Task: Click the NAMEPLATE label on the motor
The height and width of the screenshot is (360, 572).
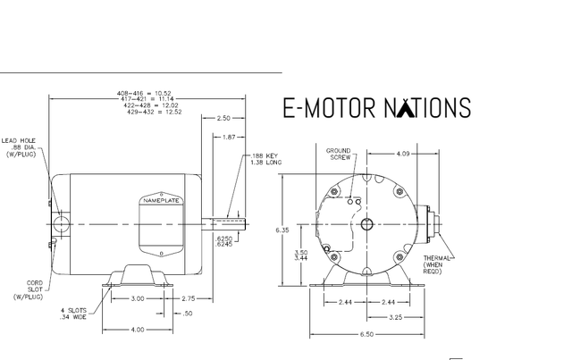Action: (161, 201)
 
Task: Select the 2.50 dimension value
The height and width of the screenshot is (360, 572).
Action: (223, 118)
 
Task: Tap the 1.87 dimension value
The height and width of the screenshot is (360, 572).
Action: (229, 138)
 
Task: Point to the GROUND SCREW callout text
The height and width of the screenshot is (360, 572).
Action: (339, 154)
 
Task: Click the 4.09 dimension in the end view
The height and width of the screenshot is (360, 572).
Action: (403, 154)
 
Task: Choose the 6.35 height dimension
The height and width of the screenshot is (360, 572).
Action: (282, 230)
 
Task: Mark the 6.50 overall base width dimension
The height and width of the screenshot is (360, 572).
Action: (366, 334)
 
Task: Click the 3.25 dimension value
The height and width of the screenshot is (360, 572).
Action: (395, 317)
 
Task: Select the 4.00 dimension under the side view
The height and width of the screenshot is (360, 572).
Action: (138, 330)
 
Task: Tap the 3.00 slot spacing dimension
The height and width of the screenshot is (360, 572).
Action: (138, 298)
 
